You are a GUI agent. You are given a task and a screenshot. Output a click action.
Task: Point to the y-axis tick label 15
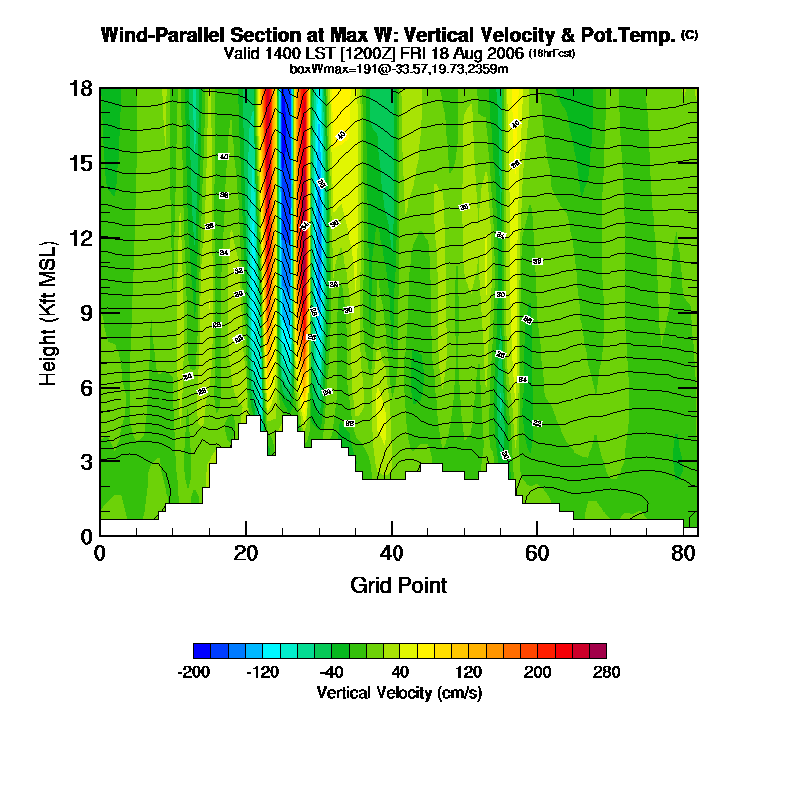point(82,163)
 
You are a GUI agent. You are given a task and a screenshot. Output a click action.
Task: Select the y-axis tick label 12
point(82,238)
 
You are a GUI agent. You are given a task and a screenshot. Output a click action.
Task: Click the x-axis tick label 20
point(246,553)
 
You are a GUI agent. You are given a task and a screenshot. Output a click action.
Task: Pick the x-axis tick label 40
point(392,553)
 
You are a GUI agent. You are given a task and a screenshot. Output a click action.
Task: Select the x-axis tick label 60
point(537,553)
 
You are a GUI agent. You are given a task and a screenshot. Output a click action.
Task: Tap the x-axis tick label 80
point(683,553)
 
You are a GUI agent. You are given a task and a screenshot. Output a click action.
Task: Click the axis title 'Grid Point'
point(399,585)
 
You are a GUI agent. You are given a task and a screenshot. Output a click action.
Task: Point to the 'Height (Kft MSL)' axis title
point(47,313)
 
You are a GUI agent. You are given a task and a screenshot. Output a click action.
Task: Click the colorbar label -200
point(193,672)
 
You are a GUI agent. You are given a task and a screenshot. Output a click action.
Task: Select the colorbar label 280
point(605,672)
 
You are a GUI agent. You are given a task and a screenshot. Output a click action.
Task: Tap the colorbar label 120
point(468,672)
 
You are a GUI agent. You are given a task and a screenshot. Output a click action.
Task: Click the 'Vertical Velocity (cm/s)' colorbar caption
point(399,692)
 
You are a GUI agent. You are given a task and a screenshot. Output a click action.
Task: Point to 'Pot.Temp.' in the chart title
point(633,35)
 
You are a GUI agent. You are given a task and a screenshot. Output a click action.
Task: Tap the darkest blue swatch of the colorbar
point(201,650)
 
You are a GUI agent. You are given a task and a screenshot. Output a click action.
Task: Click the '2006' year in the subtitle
point(504,53)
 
